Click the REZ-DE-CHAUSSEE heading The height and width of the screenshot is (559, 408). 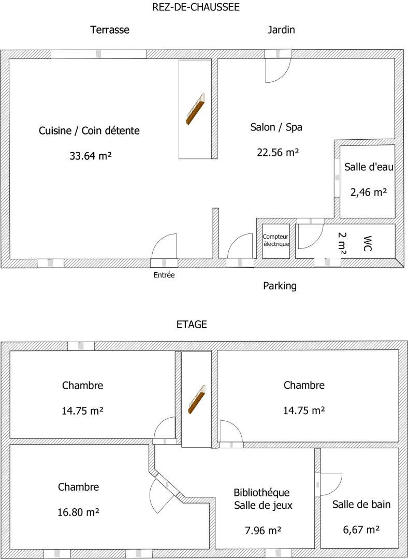pyautogui.click(x=196, y=7)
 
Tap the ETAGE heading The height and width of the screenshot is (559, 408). pyautogui.click(x=192, y=325)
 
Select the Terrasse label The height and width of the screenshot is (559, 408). pyautogui.click(x=110, y=30)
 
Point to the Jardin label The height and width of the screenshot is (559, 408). pyautogui.click(x=281, y=30)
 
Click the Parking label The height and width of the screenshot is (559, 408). pyautogui.click(x=280, y=286)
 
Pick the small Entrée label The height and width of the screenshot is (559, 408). pyautogui.click(x=165, y=275)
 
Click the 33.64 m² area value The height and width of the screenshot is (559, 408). pyautogui.click(x=91, y=156)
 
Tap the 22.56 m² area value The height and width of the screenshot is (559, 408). pyautogui.click(x=278, y=152)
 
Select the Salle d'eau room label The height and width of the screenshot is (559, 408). pyautogui.click(x=369, y=167)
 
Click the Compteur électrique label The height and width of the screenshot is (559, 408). pyautogui.click(x=276, y=241)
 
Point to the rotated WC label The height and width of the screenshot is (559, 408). pyautogui.click(x=367, y=243)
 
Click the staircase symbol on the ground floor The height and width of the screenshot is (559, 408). pyautogui.click(x=195, y=109)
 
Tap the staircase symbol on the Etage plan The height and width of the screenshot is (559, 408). pyautogui.click(x=197, y=400)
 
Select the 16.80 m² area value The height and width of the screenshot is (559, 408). pyautogui.click(x=79, y=512)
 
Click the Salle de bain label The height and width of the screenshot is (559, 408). pyautogui.click(x=361, y=505)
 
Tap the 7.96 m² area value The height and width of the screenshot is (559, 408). pyautogui.click(x=263, y=531)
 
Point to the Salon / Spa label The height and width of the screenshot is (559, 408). pyautogui.click(x=276, y=127)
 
